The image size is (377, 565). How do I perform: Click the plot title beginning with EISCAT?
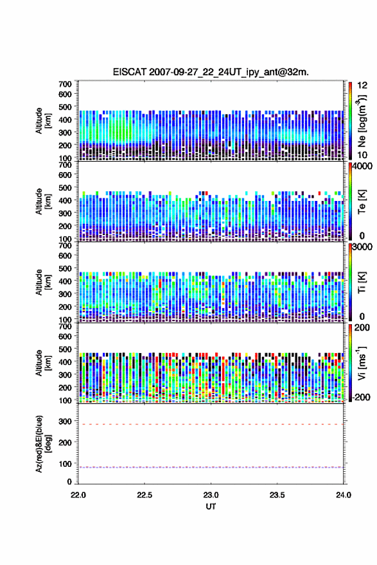point(211,72)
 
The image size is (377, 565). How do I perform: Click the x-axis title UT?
point(211,507)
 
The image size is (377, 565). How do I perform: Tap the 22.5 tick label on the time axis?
point(145,495)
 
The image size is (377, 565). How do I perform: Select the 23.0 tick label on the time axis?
point(211,495)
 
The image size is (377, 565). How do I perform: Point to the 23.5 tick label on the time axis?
point(277,495)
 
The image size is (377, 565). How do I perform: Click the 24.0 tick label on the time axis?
point(344,495)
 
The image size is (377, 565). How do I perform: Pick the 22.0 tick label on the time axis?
point(78,495)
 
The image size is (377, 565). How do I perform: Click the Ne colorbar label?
point(362,121)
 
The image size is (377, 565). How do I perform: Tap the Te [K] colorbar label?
point(362,202)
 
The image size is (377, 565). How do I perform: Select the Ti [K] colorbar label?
point(362,282)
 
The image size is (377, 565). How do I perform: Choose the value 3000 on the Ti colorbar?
point(362,247)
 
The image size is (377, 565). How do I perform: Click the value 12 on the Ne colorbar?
point(362,85)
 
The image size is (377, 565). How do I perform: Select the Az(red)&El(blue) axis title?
point(43,444)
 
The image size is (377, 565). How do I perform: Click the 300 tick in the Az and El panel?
point(65,421)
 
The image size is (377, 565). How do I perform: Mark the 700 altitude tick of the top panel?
point(65,84)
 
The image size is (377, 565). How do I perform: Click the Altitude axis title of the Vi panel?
point(43,363)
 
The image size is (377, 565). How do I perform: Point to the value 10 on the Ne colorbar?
point(362,155)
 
